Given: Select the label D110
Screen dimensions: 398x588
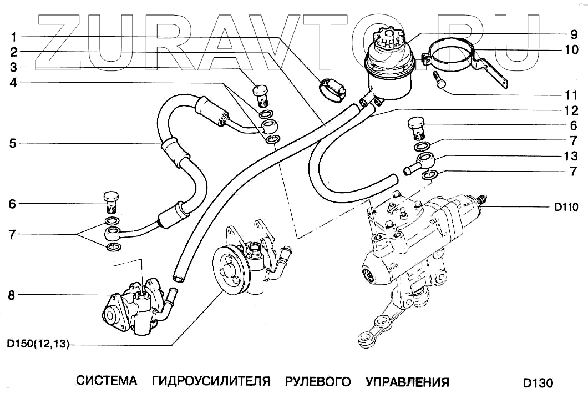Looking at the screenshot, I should coord(566,208).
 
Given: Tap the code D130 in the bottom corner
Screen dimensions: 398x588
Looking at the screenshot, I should coord(538,383).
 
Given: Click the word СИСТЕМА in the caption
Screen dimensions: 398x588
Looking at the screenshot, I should coord(106,381).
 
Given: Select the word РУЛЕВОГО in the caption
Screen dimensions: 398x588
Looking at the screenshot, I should coord(318,381).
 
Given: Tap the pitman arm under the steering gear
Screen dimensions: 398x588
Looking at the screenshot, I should coord(388,327).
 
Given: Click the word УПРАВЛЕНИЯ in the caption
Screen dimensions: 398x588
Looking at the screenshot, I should coord(407,381).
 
